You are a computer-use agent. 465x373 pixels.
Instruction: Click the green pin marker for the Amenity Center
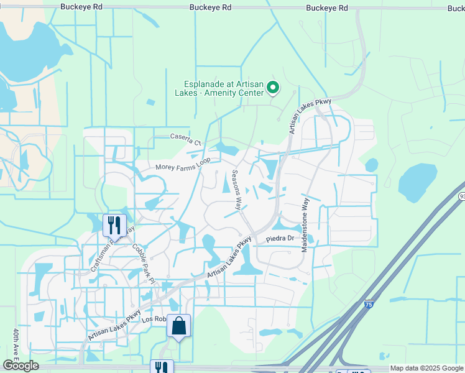point(272,89)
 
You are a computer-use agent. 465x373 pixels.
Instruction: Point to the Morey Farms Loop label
point(183,164)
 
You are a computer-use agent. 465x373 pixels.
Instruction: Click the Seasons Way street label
point(237,189)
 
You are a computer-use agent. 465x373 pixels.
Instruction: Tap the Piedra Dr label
point(280,239)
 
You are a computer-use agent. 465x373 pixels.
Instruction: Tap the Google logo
point(21,366)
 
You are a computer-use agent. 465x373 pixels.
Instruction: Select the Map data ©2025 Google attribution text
point(426,368)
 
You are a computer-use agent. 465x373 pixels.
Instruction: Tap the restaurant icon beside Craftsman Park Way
point(114,224)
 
